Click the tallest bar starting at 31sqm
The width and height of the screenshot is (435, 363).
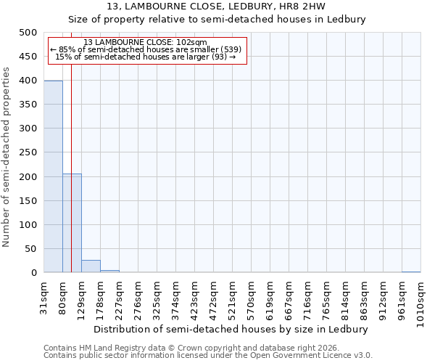point(53,176)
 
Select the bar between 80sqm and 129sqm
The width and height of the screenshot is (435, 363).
point(72,223)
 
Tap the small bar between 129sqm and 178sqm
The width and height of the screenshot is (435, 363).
point(91,266)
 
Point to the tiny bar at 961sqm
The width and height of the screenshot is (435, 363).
point(411,272)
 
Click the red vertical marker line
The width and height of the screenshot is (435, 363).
point(71,145)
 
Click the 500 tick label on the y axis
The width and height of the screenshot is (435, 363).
point(28,33)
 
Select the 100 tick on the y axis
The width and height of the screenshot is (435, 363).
point(28,224)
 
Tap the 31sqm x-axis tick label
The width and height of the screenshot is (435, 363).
point(44,297)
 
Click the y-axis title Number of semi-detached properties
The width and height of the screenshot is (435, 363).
point(7,157)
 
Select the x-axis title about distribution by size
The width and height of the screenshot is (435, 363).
point(231,329)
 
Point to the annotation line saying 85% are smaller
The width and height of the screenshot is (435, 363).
point(145,49)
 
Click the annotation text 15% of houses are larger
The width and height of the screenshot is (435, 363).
point(145,57)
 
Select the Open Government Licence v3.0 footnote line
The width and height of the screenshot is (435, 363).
point(208,356)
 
